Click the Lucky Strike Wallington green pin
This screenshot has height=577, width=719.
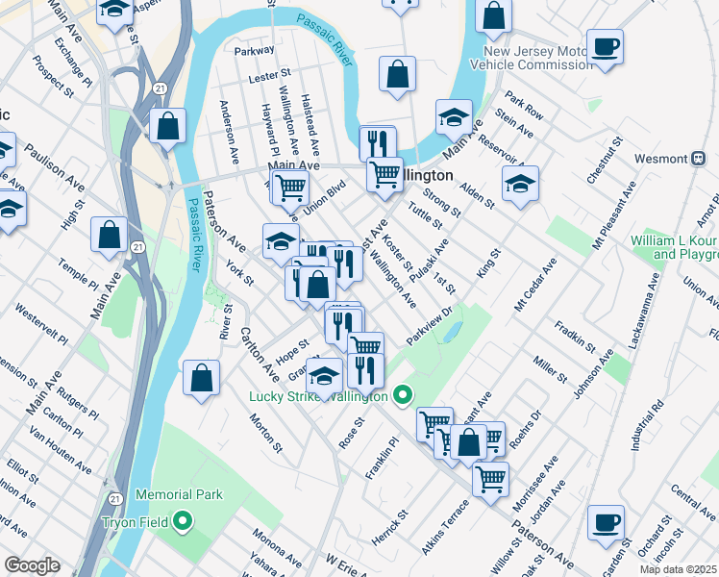[x=403, y=395]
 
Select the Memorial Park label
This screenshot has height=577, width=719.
[x=179, y=494]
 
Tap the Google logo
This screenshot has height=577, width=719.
[x=32, y=565]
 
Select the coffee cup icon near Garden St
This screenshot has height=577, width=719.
[x=606, y=522]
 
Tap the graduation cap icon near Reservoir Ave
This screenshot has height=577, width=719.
[x=520, y=183]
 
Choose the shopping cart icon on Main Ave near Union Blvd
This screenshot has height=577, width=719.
[x=289, y=188]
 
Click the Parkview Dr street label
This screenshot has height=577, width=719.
[x=434, y=326]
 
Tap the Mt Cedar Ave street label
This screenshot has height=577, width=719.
[x=535, y=283]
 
